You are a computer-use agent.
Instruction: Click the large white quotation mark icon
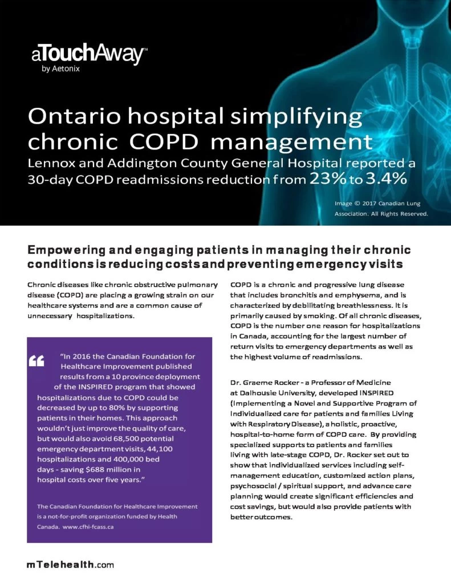point(36,360)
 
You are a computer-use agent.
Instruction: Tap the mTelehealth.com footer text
point(70,565)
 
